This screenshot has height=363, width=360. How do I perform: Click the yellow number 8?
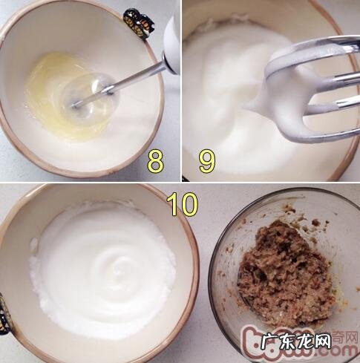155,160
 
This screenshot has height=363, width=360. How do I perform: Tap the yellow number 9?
207,160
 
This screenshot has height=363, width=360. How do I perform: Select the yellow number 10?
182,206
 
